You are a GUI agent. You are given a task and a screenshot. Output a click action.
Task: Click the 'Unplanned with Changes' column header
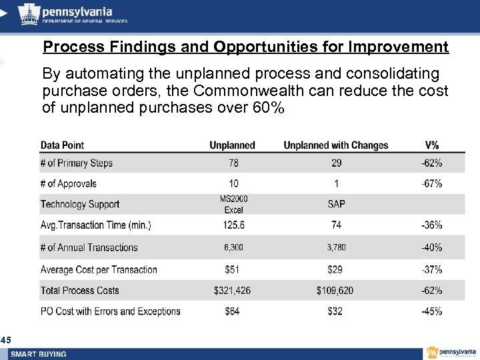point(335,145)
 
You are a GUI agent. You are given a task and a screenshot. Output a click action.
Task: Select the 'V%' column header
point(432,145)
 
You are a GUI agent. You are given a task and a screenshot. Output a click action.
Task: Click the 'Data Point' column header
point(62,145)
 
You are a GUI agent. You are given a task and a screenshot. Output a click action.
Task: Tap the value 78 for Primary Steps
point(232,163)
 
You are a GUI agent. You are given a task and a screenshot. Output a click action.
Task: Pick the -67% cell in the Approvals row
point(432,184)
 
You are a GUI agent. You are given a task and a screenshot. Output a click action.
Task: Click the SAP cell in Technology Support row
point(336,204)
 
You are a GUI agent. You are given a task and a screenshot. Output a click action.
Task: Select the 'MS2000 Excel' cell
point(233,204)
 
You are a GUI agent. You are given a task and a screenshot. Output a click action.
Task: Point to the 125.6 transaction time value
point(233,226)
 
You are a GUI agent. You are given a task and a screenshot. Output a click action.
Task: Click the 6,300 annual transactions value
point(233,247)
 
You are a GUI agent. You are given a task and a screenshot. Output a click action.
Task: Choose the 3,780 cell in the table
point(336,247)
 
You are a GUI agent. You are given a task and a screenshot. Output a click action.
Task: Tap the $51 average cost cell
point(233,269)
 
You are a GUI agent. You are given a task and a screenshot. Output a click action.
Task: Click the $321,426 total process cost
point(233,291)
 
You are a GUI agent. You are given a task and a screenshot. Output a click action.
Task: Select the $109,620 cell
point(336,291)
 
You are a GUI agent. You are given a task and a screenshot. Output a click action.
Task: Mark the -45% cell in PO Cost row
point(432,311)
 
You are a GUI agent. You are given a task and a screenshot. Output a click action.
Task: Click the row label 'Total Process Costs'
point(79,291)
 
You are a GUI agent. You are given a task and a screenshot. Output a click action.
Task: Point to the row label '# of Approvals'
point(68,184)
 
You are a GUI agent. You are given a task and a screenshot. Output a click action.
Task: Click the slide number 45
point(5,341)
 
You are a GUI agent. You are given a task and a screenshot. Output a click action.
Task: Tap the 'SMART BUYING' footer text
point(38,354)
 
